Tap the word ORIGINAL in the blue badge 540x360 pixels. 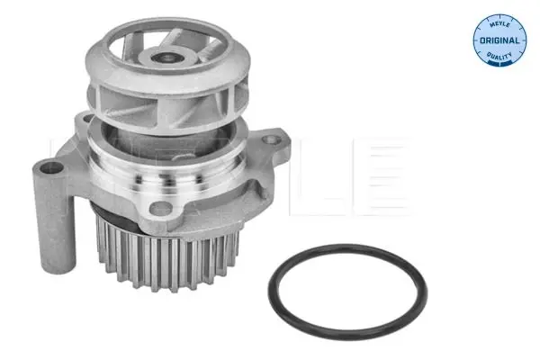[x=499, y=40]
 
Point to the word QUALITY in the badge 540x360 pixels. [x=499, y=55]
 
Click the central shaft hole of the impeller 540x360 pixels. [x=168, y=58]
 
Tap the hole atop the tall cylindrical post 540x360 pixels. [x=51, y=168]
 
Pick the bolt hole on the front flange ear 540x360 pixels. [x=160, y=208]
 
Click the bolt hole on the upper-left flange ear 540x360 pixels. [x=87, y=119]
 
